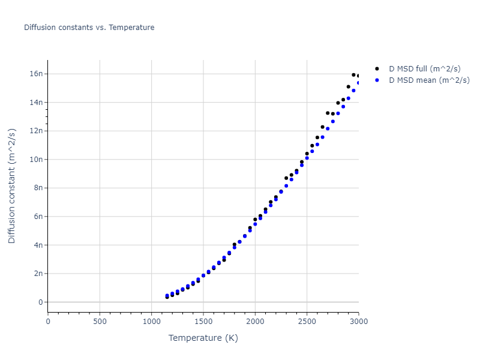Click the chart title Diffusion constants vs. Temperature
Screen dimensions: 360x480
point(89,28)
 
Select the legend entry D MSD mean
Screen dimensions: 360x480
point(429,80)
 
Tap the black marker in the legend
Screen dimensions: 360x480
point(377,69)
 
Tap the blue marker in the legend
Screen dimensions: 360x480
point(377,80)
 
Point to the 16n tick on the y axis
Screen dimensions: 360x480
point(36,74)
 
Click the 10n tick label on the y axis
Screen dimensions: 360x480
point(36,160)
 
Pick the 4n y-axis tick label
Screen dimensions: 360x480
point(38,245)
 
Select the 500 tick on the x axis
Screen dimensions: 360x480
point(100,321)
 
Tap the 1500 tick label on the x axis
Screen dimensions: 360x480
point(203,321)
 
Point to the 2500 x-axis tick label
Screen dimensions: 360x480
point(307,321)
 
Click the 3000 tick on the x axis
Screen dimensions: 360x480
point(358,321)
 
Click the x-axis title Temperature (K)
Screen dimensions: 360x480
point(203,338)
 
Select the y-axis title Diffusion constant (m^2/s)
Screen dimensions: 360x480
point(12,186)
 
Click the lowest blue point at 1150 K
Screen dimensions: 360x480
point(167,296)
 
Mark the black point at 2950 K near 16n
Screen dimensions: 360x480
point(353,75)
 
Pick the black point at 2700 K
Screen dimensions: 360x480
point(328,113)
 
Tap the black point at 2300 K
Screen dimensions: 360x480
point(286,178)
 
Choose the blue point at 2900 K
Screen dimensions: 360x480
point(348,98)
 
